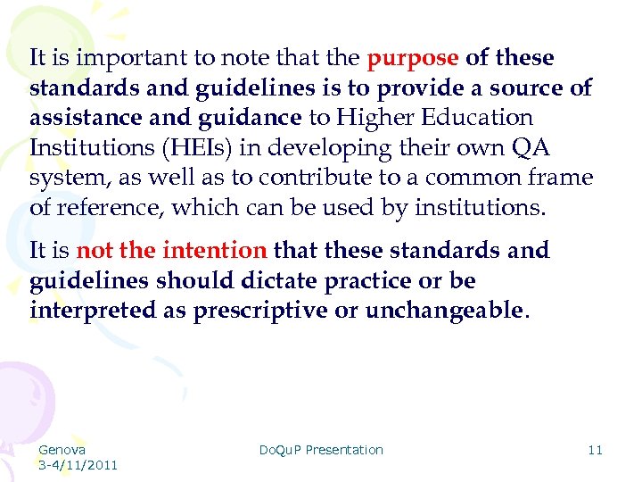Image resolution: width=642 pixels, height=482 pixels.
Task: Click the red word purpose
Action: [414, 59]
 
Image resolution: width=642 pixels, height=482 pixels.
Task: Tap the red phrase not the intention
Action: [172, 251]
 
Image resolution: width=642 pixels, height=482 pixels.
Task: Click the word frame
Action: [563, 178]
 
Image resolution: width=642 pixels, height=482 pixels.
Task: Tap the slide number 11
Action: [595, 450]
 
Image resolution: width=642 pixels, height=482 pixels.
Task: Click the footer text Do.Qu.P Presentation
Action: [321, 450]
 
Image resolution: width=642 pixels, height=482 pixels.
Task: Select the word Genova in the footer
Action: [62, 450]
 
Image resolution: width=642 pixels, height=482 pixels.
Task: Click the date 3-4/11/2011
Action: [78, 465]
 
